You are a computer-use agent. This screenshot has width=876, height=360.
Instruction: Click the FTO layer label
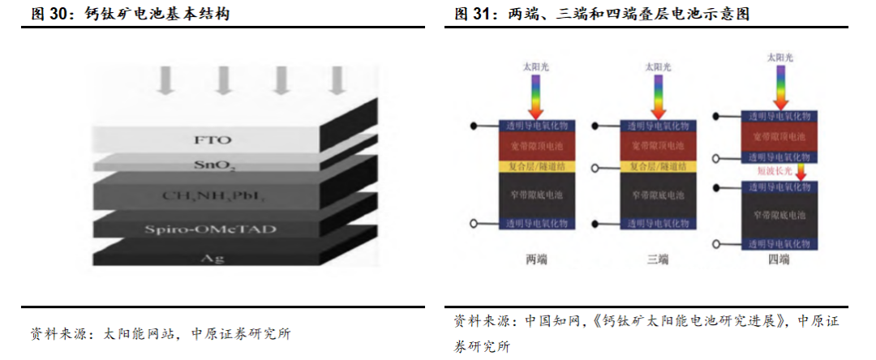[x=208, y=139]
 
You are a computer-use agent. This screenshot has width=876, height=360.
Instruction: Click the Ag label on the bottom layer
[x=208, y=259]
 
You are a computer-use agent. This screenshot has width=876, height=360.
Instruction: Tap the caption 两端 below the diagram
[x=536, y=259]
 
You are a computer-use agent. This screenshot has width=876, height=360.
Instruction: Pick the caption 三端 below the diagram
[x=658, y=259]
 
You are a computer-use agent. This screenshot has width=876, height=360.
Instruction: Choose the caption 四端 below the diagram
[x=779, y=259]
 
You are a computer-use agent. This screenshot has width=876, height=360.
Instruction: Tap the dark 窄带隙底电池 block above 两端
[x=536, y=195]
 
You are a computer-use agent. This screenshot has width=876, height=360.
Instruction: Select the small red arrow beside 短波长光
[x=799, y=171]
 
